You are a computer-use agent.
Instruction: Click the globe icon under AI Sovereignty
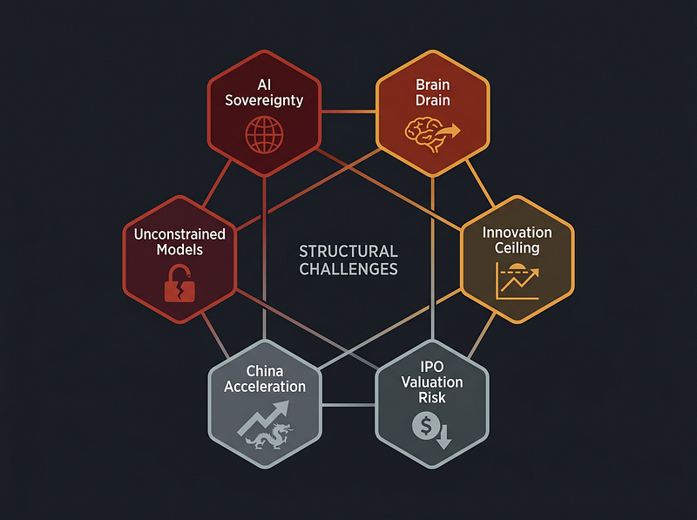[x=264, y=135]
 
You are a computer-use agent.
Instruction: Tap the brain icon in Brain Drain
[x=423, y=135]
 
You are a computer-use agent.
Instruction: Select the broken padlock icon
[x=179, y=284]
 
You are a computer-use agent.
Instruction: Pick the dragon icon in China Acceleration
[x=269, y=436]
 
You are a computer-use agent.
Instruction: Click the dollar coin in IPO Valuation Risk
[x=426, y=426]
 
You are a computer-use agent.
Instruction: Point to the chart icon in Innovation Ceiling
[x=518, y=280]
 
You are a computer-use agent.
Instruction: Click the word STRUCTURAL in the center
[x=348, y=252]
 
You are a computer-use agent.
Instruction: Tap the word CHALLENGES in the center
[x=348, y=269]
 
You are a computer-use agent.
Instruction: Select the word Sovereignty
[x=264, y=100]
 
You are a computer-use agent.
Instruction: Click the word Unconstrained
[x=179, y=234]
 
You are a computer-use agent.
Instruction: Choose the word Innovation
[x=517, y=233]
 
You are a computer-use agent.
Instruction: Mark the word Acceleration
[x=265, y=387]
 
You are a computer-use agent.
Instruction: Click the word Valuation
[x=432, y=382]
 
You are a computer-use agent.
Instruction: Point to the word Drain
[x=432, y=100]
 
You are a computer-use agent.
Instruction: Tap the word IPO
[x=432, y=367]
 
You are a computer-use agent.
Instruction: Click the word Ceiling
[x=517, y=248]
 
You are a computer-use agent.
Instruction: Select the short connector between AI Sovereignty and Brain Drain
[x=348, y=111]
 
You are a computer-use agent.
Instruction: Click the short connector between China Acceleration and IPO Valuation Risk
[x=348, y=405]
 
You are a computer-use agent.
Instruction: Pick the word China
[x=265, y=371]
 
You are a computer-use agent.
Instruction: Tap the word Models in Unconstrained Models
[x=179, y=250]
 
